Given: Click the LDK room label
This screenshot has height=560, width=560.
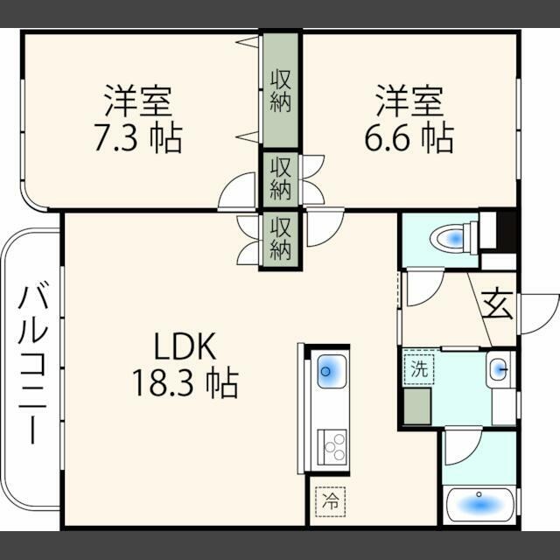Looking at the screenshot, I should [185, 347].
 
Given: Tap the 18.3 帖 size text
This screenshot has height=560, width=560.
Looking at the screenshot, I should [185, 382].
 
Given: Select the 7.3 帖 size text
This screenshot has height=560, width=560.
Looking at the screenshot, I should [138, 138].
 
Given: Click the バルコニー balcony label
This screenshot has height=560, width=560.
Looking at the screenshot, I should [31, 362].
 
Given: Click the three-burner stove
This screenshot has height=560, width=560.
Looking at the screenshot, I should [332, 447].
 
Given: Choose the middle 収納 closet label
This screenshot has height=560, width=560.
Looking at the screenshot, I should [280, 178].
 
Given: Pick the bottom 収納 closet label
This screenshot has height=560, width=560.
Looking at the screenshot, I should [280, 239].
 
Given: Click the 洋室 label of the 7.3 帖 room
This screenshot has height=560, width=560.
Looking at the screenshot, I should [138, 101].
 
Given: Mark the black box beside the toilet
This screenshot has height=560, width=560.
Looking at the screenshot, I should [504, 231].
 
